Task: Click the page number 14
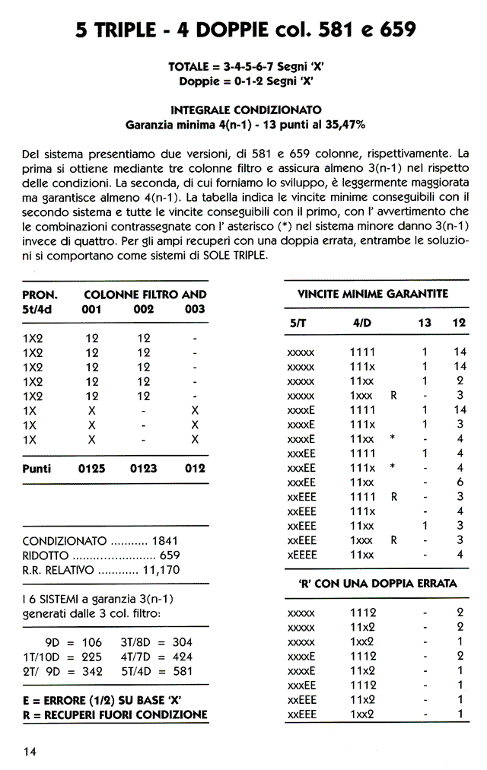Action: pos(30,752)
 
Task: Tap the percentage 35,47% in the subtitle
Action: pos(344,124)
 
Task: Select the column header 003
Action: pos(196,309)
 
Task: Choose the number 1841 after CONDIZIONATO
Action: pos(166,541)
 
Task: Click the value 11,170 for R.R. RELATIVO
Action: pos(161,570)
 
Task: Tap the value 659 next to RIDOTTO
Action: pos(169,555)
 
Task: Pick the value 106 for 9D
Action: pos(91,641)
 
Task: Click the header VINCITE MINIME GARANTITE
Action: pos(372,294)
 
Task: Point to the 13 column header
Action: pos(425,323)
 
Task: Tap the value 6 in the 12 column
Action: pos(460,482)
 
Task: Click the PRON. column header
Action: pos(40,294)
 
